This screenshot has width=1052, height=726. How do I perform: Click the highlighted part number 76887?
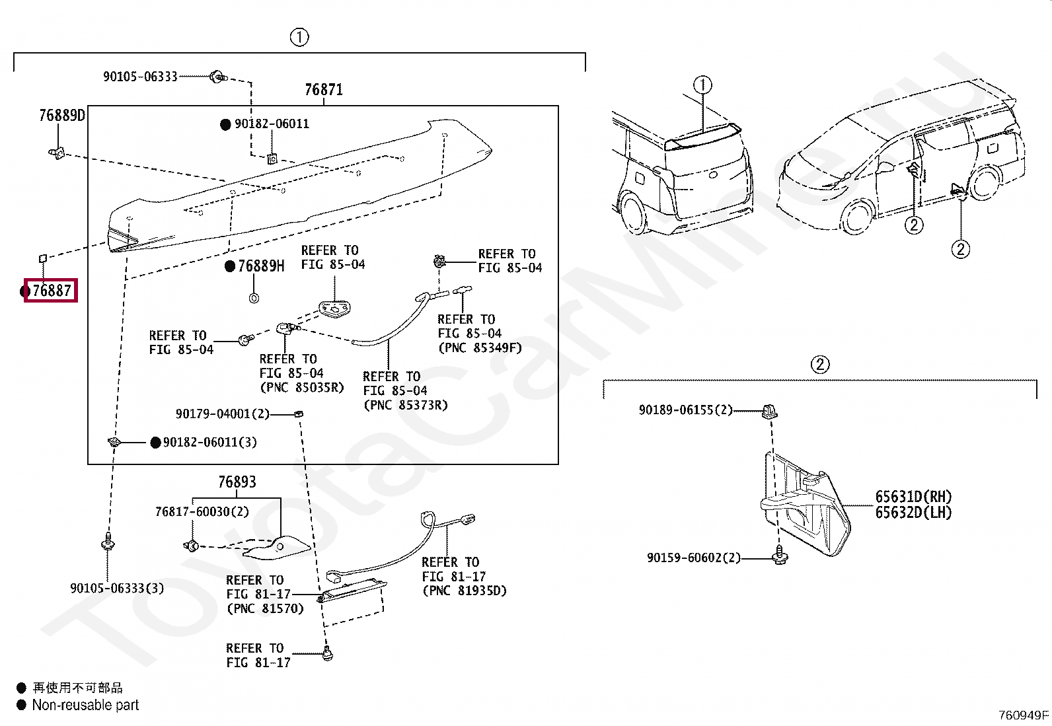pyautogui.click(x=52, y=291)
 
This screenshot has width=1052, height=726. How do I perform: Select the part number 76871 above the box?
pyautogui.click(x=324, y=89)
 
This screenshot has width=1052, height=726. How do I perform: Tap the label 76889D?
pyautogui.click(x=62, y=115)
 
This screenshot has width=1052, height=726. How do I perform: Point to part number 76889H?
pyautogui.click(x=261, y=266)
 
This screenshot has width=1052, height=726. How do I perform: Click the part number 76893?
pyautogui.click(x=237, y=482)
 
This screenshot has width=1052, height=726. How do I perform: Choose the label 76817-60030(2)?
pyautogui.click(x=202, y=511)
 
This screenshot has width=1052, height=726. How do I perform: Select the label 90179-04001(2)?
pyautogui.click(x=223, y=414)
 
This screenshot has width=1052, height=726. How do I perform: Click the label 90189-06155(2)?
pyautogui.click(x=686, y=410)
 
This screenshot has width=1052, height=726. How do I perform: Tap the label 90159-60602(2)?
pyautogui.click(x=694, y=558)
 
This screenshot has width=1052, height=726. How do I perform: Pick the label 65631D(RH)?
pyautogui.click(x=913, y=496)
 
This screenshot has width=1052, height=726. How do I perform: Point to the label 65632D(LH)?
pyautogui.click(x=913, y=513)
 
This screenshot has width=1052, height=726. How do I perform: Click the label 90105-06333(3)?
pyautogui.click(x=117, y=589)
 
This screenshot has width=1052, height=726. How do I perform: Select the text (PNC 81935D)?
pyautogui.click(x=465, y=591)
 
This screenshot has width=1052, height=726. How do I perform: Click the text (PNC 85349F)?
pyautogui.click(x=480, y=348)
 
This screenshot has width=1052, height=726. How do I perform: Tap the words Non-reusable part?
pyautogui.click(x=85, y=705)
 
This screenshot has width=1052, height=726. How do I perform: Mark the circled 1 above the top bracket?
pyautogui.click(x=299, y=37)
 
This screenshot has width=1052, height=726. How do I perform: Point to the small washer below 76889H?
pyautogui.click(x=254, y=298)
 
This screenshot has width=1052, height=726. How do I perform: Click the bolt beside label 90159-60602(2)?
pyautogui.click(x=780, y=555)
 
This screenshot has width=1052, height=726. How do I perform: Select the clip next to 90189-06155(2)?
pyautogui.click(x=770, y=412)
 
